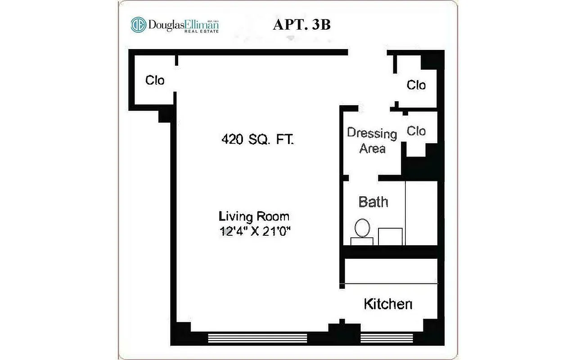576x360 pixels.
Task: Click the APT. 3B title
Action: [x=301, y=25]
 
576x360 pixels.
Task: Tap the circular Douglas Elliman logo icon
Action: [x=138, y=25]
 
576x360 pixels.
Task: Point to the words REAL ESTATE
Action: [x=204, y=31]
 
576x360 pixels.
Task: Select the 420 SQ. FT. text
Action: [x=257, y=139]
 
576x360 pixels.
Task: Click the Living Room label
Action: [x=254, y=216]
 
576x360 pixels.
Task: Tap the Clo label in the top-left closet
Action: [x=155, y=81]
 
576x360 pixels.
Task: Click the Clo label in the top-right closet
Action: [x=416, y=85]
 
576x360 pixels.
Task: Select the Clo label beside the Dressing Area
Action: [x=416, y=131]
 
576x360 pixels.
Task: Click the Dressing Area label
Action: [x=372, y=141]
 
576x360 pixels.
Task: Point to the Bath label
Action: [x=373, y=202]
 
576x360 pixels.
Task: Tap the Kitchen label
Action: [x=387, y=304]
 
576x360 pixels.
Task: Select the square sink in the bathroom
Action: [x=390, y=236]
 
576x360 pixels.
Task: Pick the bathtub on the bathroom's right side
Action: [x=422, y=213]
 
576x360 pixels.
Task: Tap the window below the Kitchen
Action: [x=387, y=338]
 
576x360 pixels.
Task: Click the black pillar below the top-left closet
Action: [x=165, y=115]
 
